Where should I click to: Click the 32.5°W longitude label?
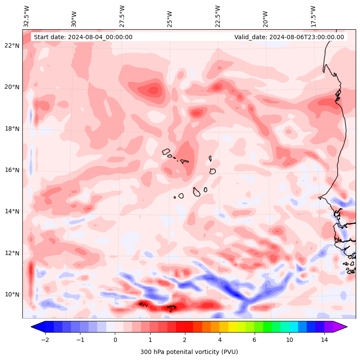pyautogui.click(x=27, y=16)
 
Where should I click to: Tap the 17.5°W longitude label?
pyautogui.click(x=314, y=16)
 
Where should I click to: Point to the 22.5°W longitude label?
pyautogui.click(x=218, y=16)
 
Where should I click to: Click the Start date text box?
pyautogui.click(x=83, y=37)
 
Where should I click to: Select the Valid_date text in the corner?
pyautogui.click(x=289, y=37)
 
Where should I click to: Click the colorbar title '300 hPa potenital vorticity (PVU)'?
pyautogui.click(x=189, y=352)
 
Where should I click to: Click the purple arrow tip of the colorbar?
pyautogui.click(x=341, y=327)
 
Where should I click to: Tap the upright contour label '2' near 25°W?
pyautogui.click(x=171, y=310)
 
